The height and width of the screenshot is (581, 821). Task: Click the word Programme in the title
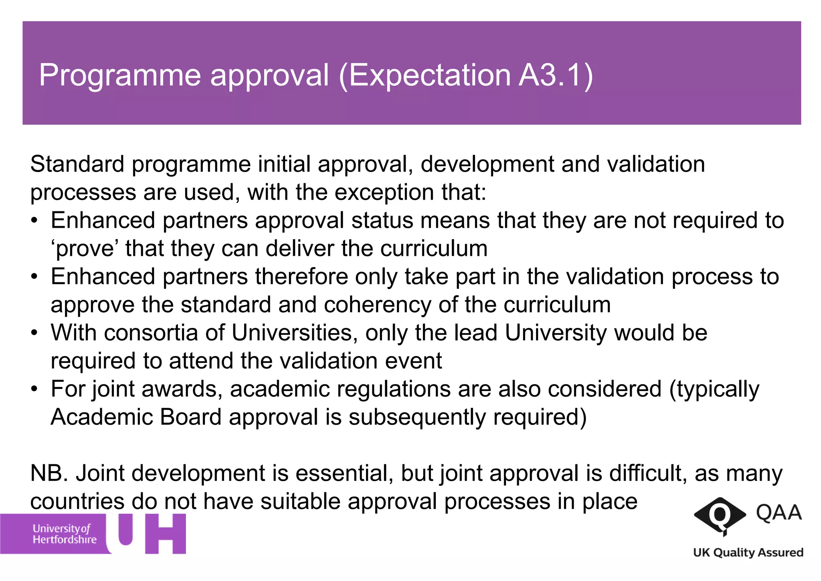[x=119, y=75]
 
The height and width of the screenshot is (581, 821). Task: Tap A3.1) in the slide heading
[x=556, y=75]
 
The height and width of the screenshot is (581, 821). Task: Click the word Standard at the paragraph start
[x=77, y=164]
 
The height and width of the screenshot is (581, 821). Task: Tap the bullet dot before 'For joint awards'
[x=35, y=389]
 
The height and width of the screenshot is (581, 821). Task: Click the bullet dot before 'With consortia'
[x=35, y=333]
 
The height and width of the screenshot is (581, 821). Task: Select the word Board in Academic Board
[x=190, y=417]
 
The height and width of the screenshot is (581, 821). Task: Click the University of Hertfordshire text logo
[x=64, y=534]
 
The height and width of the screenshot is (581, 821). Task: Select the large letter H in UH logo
[x=166, y=534]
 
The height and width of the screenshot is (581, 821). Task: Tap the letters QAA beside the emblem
[x=779, y=513]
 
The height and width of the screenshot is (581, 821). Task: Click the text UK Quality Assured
[x=748, y=553]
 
